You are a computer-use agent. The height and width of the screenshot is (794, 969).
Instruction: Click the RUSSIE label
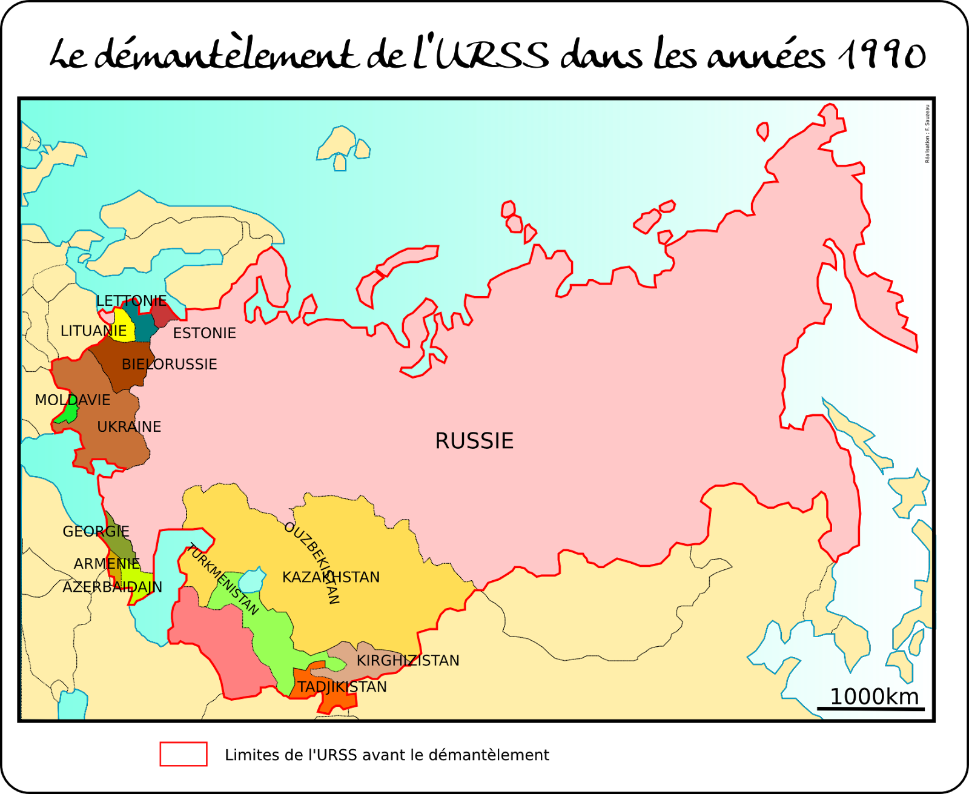(474, 441)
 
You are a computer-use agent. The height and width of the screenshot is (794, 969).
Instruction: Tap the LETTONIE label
(131, 301)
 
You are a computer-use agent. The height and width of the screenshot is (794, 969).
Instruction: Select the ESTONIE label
(204, 333)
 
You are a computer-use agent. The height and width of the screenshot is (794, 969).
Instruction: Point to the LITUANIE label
(93, 331)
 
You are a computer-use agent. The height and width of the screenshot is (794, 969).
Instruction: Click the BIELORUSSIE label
(170, 365)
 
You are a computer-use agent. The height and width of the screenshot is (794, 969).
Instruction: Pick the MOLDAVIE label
(73, 400)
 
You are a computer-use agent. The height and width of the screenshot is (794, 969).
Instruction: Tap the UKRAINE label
(129, 427)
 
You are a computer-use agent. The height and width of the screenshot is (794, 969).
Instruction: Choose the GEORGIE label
(96, 532)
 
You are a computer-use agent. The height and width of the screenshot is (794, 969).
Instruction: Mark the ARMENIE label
(107, 564)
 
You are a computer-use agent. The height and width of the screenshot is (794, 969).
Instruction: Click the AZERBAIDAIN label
(112, 587)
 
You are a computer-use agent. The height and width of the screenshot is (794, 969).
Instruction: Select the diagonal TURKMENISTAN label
(223, 579)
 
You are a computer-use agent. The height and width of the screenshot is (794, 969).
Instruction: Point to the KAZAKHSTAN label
(331, 577)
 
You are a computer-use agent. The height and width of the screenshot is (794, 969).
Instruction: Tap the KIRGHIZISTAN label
(408, 661)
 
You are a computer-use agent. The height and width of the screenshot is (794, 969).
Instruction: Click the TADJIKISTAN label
(342, 687)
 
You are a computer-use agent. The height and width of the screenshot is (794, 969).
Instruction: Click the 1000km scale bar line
(870, 709)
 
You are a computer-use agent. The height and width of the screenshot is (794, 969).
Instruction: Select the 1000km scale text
(874, 696)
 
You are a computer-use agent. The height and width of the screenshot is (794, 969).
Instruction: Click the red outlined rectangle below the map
(184, 754)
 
